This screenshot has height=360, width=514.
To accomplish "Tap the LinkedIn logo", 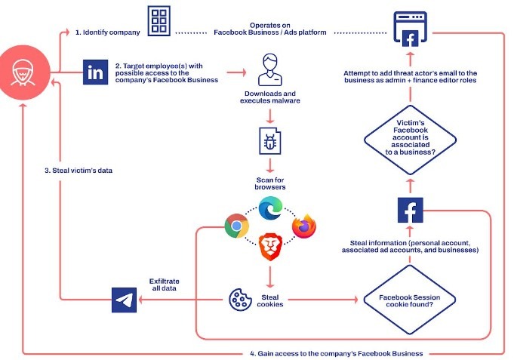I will [96, 72].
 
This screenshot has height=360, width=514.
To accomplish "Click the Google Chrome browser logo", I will [237, 226].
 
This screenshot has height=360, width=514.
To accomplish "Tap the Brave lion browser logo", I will [269, 246].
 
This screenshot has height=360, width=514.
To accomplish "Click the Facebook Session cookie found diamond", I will [410, 300].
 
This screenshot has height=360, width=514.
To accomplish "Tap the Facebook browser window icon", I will [410, 30].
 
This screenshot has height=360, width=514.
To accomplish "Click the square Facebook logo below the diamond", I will [410, 209].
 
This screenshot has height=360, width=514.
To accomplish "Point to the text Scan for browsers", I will [269, 182].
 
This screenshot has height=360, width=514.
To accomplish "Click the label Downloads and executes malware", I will [269, 98].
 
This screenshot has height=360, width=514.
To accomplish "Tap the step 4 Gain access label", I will [336, 352].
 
